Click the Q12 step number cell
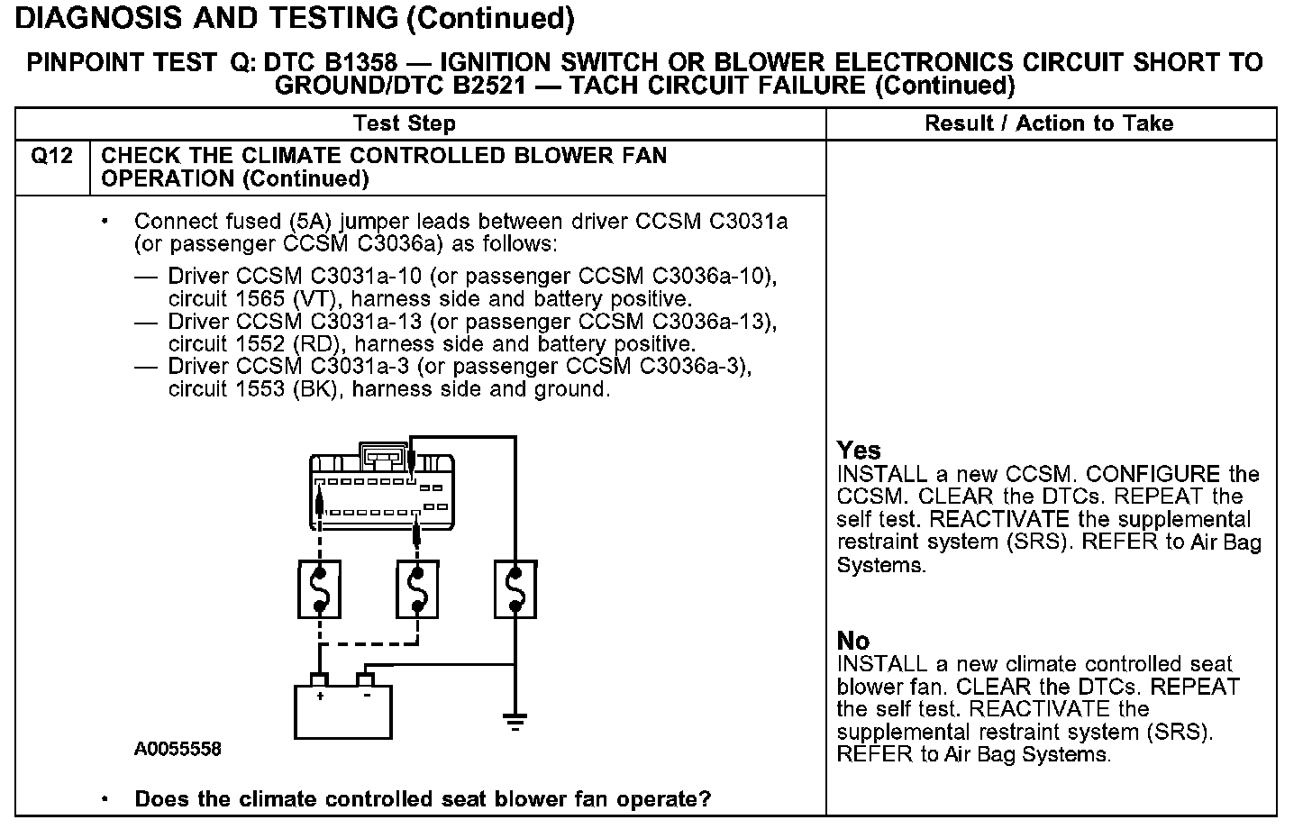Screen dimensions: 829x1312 click(52, 157)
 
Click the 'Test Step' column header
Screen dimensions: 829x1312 click(405, 123)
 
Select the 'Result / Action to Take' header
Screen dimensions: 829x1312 click(1049, 123)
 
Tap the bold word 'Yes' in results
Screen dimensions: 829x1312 click(859, 450)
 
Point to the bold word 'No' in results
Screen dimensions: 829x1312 click(853, 641)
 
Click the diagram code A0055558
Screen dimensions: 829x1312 click(178, 749)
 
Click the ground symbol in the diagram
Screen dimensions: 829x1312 click(515, 721)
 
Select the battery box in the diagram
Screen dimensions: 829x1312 click(343, 710)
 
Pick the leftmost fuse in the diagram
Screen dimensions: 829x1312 click(319, 589)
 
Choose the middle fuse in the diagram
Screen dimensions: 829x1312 click(417, 589)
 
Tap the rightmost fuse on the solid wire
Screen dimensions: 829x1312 click(515, 589)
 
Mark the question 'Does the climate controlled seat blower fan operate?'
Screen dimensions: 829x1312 click(422, 799)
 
